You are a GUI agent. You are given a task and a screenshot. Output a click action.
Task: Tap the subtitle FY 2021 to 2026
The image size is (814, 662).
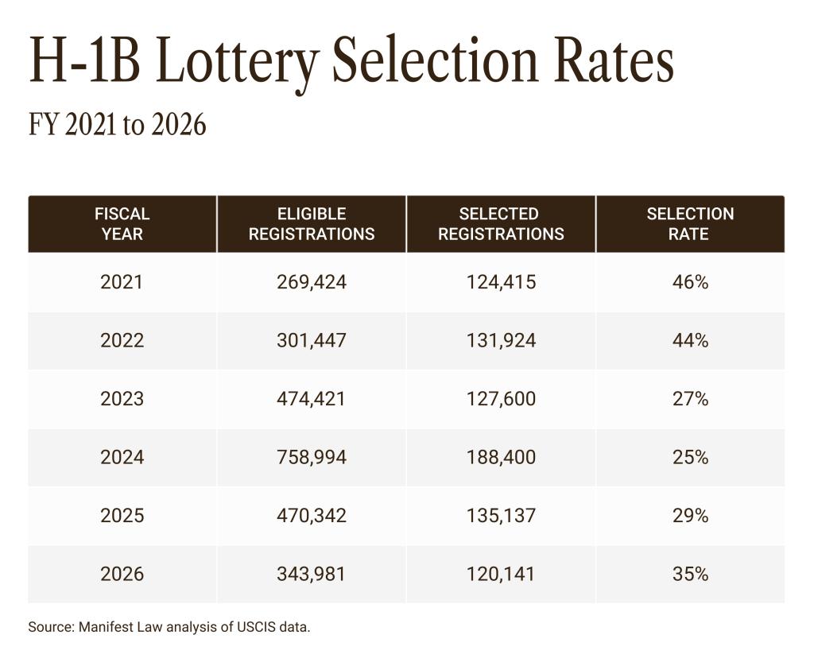[118, 125]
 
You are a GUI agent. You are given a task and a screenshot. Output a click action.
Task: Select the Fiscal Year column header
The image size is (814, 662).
[122, 224]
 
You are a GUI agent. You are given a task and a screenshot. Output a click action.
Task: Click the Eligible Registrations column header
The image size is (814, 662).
[312, 224]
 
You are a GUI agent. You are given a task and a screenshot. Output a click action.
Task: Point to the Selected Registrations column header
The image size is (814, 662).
[501, 224]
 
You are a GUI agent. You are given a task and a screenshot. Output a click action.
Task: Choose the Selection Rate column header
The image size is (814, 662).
[690, 224]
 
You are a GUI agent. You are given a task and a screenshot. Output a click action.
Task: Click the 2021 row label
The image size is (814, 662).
[122, 282]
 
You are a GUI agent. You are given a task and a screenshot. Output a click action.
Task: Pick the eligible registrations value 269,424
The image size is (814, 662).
[312, 282]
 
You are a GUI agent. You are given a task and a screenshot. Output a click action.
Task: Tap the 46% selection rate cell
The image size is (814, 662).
[690, 282]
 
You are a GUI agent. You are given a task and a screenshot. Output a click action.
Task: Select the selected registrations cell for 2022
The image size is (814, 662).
[501, 340]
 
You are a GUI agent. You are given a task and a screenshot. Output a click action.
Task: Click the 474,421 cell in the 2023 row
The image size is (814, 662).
[312, 399]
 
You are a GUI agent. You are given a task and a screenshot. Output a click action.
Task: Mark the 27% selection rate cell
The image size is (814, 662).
[690, 399]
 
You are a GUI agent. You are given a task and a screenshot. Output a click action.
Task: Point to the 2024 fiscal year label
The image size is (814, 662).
[122, 458]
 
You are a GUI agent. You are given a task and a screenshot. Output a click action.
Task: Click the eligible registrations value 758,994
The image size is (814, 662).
[312, 458]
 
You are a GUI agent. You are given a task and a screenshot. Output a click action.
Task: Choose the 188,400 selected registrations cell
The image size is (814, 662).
[501, 458]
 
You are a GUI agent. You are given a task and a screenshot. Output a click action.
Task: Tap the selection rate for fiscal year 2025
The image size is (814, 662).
[690, 516]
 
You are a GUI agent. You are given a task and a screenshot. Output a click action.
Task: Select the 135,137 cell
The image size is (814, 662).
[501, 516]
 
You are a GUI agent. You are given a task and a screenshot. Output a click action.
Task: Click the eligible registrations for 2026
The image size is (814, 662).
[312, 574]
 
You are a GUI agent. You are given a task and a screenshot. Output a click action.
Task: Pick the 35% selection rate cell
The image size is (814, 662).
[690, 574]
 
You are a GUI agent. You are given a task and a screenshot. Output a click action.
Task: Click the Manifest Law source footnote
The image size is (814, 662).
[169, 627]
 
